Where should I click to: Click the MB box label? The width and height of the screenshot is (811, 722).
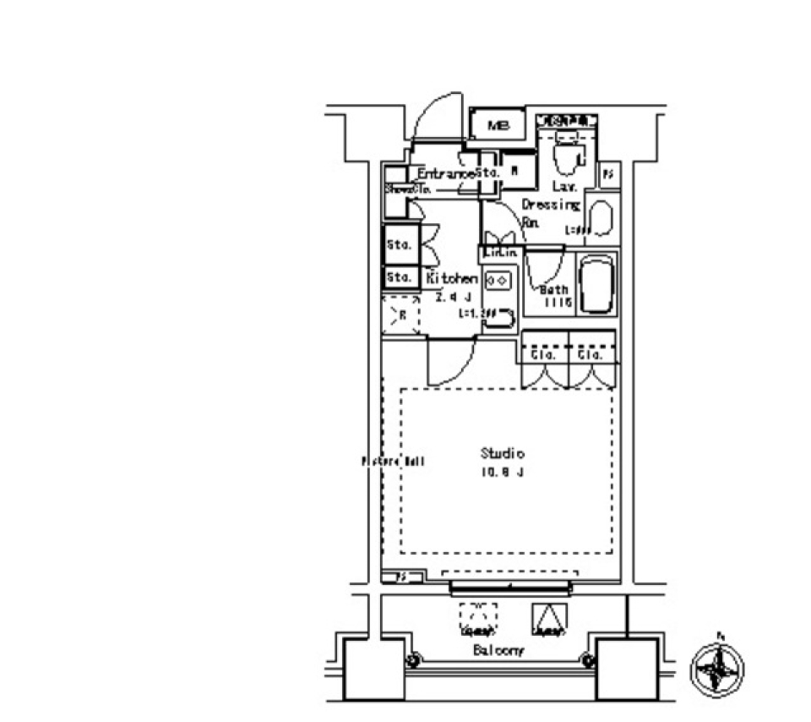(x=498, y=126)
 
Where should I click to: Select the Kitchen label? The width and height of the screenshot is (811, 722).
(x=451, y=278)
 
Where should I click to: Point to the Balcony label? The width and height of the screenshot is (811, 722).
(x=498, y=650)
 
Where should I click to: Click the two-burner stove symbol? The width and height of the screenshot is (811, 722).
(x=497, y=278)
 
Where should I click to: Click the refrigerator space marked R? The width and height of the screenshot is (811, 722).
(x=402, y=315)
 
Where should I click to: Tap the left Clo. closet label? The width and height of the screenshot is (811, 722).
(x=543, y=355)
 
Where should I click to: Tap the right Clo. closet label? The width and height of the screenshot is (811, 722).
(x=591, y=355)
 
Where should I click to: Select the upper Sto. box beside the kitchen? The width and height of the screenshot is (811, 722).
(x=399, y=245)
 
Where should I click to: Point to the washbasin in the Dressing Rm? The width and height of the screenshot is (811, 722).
(x=601, y=219)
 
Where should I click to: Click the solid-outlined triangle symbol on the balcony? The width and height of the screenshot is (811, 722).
(x=548, y=619)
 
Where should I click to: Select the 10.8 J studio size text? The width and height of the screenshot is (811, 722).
(x=503, y=472)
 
